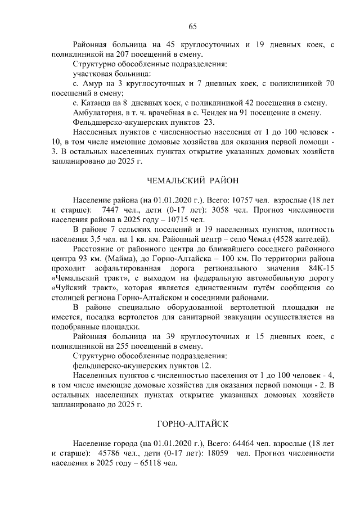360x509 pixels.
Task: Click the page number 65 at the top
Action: click(x=192, y=26)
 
